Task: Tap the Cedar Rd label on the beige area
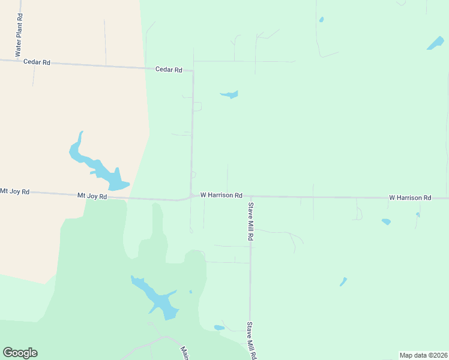point(37,62)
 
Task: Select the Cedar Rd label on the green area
point(169,70)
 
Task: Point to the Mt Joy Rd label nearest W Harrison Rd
point(92,196)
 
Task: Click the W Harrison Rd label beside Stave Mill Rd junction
point(221,196)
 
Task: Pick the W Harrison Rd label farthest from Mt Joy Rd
point(410,197)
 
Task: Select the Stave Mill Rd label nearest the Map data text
point(251,341)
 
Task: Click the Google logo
point(20,353)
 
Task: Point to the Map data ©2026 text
point(423,355)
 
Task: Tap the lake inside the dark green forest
point(157,298)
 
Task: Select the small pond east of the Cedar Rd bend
point(230,94)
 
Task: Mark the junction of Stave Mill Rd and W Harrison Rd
point(250,196)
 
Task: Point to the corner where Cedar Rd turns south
point(193,71)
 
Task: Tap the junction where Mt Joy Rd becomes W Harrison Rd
point(190,196)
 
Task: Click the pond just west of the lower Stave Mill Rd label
point(219,328)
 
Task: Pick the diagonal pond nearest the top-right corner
point(435,43)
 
